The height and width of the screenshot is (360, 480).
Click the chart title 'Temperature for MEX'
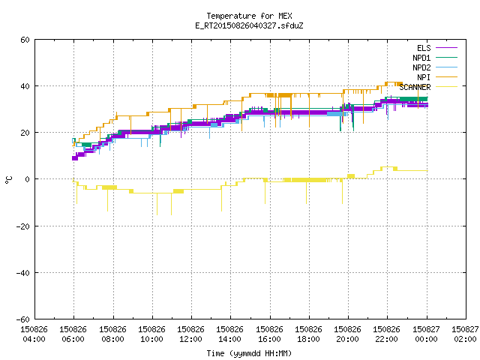(249, 16)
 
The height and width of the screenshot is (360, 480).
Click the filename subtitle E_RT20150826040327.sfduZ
(249, 25)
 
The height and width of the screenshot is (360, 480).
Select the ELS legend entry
(437, 48)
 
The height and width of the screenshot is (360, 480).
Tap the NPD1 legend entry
(435, 58)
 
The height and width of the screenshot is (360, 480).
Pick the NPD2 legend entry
(435, 67)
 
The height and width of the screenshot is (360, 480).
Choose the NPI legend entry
(437, 77)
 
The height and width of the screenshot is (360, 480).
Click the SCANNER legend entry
(428, 87)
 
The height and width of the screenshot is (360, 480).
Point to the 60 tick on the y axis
(25, 40)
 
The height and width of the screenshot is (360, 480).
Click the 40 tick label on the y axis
(25, 86)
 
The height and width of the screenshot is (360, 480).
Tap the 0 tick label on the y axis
(28, 179)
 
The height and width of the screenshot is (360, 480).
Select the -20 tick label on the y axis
(23, 226)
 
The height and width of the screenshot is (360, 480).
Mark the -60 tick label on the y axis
(23, 319)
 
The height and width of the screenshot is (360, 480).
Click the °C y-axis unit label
(8, 180)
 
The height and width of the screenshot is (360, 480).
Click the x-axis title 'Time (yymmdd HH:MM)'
(249, 353)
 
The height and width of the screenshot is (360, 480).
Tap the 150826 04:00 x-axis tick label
(34, 334)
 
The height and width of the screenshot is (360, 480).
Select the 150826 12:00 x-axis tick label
(191, 334)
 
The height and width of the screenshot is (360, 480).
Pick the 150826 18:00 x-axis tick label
(308, 334)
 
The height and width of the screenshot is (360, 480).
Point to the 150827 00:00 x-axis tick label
(427, 334)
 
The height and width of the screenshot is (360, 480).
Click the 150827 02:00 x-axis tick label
(465, 334)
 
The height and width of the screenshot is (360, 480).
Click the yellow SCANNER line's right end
(427, 170)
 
